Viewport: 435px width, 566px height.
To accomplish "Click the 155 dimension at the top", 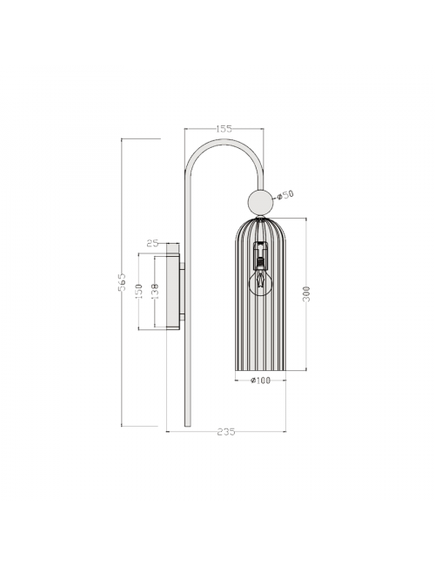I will (224, 129).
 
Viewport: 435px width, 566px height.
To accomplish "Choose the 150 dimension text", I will (138, 291).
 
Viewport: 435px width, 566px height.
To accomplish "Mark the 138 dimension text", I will (155, 291).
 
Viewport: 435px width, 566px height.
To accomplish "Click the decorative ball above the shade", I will (258, 202).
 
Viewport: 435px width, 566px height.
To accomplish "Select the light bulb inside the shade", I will (259, 280).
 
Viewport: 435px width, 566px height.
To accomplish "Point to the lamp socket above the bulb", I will (259, 256).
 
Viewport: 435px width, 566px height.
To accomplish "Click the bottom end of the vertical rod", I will (186, 425).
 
